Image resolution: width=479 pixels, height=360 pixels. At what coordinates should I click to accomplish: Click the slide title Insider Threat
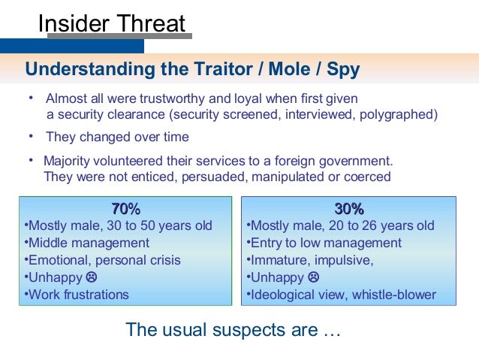coord(112,23)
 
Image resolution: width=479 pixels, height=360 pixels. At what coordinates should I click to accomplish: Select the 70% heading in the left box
coord(125,209)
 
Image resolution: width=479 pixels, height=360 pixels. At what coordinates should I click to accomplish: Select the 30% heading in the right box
coord(348,209)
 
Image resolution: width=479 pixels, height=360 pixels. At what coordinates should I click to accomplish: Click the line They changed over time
coord(117,137)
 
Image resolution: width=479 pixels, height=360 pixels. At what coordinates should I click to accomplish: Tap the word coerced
coord(366,177)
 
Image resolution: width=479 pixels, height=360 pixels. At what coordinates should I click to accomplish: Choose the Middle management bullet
coord(89,243)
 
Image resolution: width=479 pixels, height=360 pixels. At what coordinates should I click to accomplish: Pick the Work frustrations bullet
coord(78,295)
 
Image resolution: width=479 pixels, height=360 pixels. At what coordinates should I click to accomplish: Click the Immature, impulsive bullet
coord(312,260)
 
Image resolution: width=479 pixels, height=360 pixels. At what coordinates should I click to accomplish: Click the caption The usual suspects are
coord(233,329)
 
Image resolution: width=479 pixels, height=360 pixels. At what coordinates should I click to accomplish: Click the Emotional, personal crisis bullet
coord(104,260)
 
